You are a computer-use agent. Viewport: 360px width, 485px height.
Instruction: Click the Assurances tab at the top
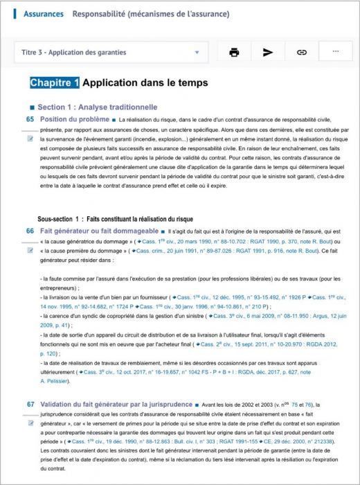coord(43,14)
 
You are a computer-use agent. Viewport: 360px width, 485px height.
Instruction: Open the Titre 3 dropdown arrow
coord(197,52)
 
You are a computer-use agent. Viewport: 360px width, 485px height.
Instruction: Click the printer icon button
coord(234,52)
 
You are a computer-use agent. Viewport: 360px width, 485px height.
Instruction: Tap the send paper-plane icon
coord(268,52)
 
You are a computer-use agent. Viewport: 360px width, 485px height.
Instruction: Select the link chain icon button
coord(302,52)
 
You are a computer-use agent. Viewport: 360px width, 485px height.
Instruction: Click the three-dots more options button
coord(336,52)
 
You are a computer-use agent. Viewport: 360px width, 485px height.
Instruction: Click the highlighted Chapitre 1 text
coord(55,83)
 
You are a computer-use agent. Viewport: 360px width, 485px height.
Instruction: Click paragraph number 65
coord(30,119)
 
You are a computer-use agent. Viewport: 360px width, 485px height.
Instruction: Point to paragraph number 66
coord(30,230)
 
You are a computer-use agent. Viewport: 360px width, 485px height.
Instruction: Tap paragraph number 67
coord(30,403)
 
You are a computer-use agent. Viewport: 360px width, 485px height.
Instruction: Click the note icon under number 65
coord(30,138)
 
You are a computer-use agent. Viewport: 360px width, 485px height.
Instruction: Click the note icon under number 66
coord(30,249)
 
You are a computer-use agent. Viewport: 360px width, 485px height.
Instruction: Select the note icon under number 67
coord(30,422)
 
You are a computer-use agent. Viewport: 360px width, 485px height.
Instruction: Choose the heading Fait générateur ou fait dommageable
coord(100,230)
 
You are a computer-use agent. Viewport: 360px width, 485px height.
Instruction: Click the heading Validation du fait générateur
coord(116,403)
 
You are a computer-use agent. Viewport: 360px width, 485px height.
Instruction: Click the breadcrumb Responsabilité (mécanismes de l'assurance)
coord(151,14)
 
